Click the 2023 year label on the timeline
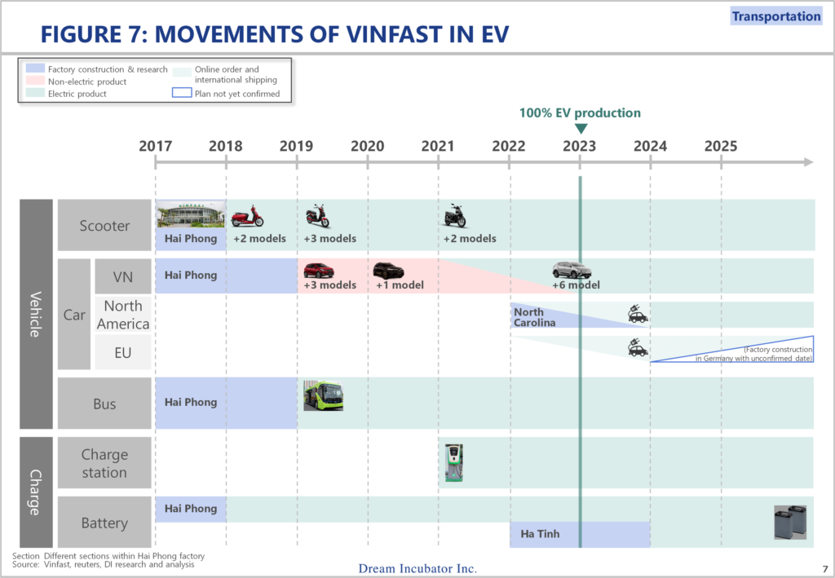pos(580,146)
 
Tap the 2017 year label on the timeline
pos(156,146)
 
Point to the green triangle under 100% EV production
pos(581,129)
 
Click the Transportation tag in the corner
pos(776,16)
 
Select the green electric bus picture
pos(323,395)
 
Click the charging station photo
pos(453,462)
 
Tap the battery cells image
pos(789,522)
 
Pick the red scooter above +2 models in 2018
pos(247,216)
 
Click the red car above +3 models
pos(319,271)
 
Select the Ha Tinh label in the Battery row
pos(540,534)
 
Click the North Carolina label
pos(534,317)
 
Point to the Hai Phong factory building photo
pos(191,214)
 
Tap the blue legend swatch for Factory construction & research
pos(35,68)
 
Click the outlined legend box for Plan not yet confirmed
pos(182,93)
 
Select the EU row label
pos(122,353)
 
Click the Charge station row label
pos(104,463)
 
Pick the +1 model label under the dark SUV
pos(400,285)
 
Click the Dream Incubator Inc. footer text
pos(417,568)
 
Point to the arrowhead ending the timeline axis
pos(808,161)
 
